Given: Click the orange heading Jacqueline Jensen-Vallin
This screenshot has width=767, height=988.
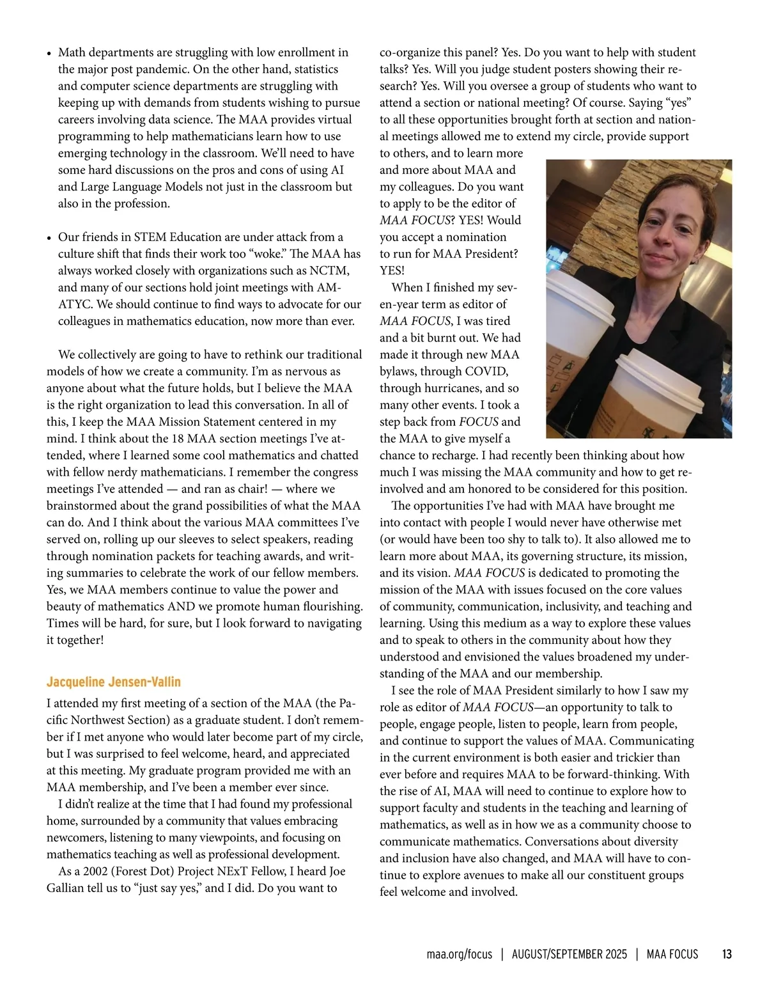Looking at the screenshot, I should point(114,682).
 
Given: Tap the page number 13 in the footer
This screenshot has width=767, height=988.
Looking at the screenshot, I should point(727,954).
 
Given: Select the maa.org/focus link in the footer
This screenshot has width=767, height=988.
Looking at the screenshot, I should point(459,954).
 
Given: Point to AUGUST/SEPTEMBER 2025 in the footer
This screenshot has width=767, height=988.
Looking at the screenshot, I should point(569,954).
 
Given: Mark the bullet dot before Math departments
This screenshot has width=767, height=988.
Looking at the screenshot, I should point(49,54).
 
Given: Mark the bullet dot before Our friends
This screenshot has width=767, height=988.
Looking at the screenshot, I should point(49,238).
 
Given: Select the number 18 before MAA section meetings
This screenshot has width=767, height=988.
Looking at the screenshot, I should point(178,439).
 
